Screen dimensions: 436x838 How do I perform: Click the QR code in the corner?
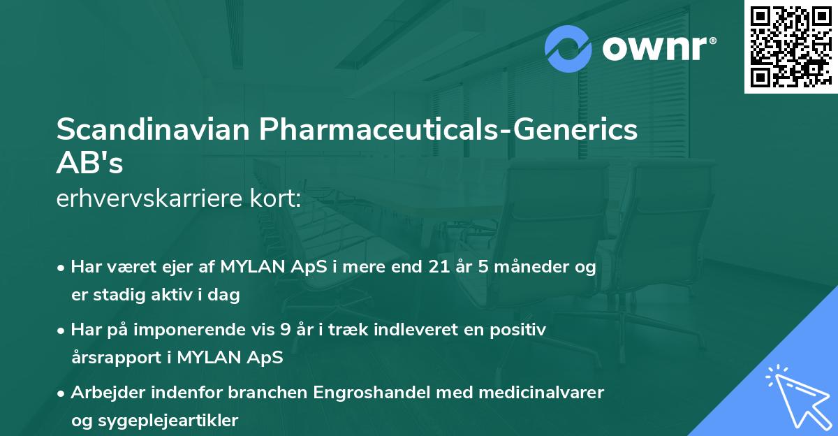[x=790, y=46]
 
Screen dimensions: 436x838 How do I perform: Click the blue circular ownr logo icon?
[x=569, y=48]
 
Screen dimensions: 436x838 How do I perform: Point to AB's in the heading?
[x=90, y=164]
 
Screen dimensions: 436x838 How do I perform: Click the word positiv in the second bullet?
[x=517, y=330]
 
